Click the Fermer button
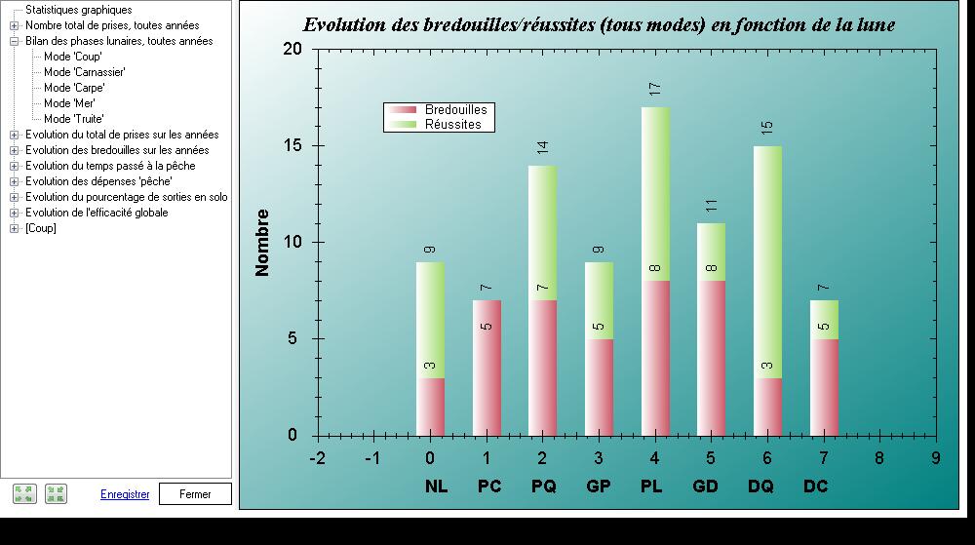pyautogui.click(x=195, y=494)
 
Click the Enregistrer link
pyautogui.click(x=125, y=494)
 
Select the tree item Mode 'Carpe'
pyautogui.click(x=74, y=88)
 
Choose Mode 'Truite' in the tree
pyautogui.click(x=73, y=119)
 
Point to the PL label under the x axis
pyautogui.click(x=651, y=486)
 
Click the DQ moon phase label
pyautogui.click(x=760, y=486)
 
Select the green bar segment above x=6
pyautogui.click(x=767, y=262)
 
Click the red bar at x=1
pyautogui.click(x=487, y=368)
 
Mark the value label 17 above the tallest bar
pyautogui.click(x=655, y=89)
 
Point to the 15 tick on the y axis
pyautogui.click(x=292, y=145)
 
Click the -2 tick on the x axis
pyautogui.click(x=317, y=458)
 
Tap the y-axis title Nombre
pyautogui.click(x=261, y=243)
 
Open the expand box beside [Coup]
pyautogui.click(x=14, y=229)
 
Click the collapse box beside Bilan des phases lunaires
pyautogui.click(x=14, y=42)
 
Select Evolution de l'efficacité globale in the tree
pyautogui.click(x=97, y=213)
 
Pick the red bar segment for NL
pyautogui.click(x=430, y=407)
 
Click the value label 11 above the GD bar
pyautogui.click(x=712, y=205)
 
